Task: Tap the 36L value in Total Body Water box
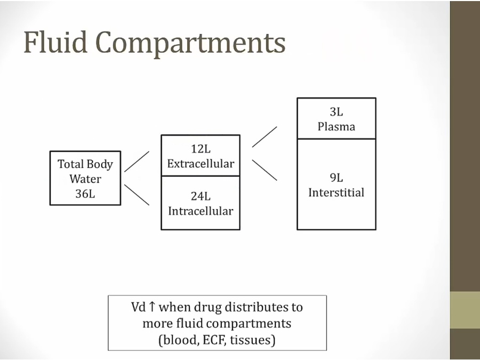pyautogui.click(x=85, y=194)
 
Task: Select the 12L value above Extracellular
pyautogui.click(x=201, y=149)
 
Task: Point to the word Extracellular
pyautogui.click(x=201, y=164)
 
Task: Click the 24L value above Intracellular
pyautogui.click(x=201, y=196)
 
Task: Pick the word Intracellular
pyautogui.click(x=201, y=211)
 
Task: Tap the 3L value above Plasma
pyautogui.click(x=337, y=113)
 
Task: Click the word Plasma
pyautogui.click(x=337, y=127)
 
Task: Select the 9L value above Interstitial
pyautogui.click(x=337, y=178)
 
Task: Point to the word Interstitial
pyautogui.click(x=337, y=193)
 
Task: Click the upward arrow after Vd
pyautogui.click(x=151, y=307)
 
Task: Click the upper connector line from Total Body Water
pyautogui.click(x=137, y=161)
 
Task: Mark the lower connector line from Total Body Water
pyautogui.click(x=137, y=195)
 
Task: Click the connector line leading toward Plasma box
pyautogui.click(x=265, y=137)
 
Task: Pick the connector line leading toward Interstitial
pyautogui.click(x=265, y=170)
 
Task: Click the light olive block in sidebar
pyautogui.click(x=465, y=310)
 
